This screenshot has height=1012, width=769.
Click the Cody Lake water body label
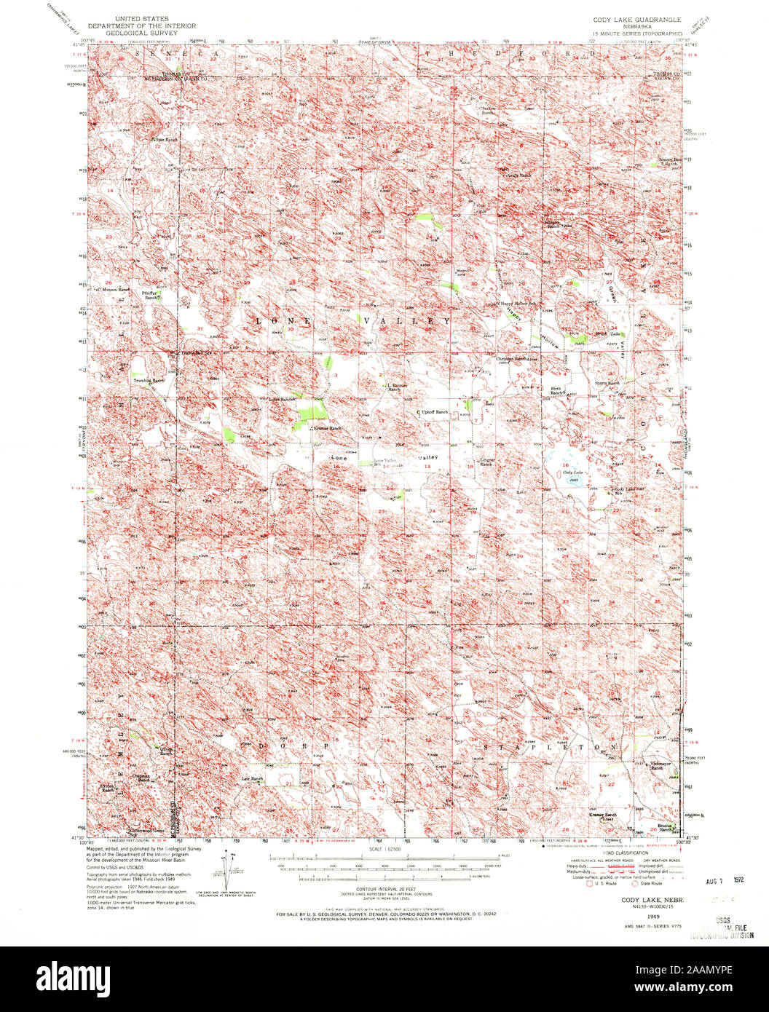[573, 473]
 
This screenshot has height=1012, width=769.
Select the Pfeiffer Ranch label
[151, 296]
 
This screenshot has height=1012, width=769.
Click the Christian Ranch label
[512, 359]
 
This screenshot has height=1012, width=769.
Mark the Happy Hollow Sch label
[521, 303]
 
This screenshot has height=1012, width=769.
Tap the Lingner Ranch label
[487, 462]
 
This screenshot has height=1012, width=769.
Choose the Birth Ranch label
[559, 391]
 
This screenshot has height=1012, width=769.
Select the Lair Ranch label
[251, 779]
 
